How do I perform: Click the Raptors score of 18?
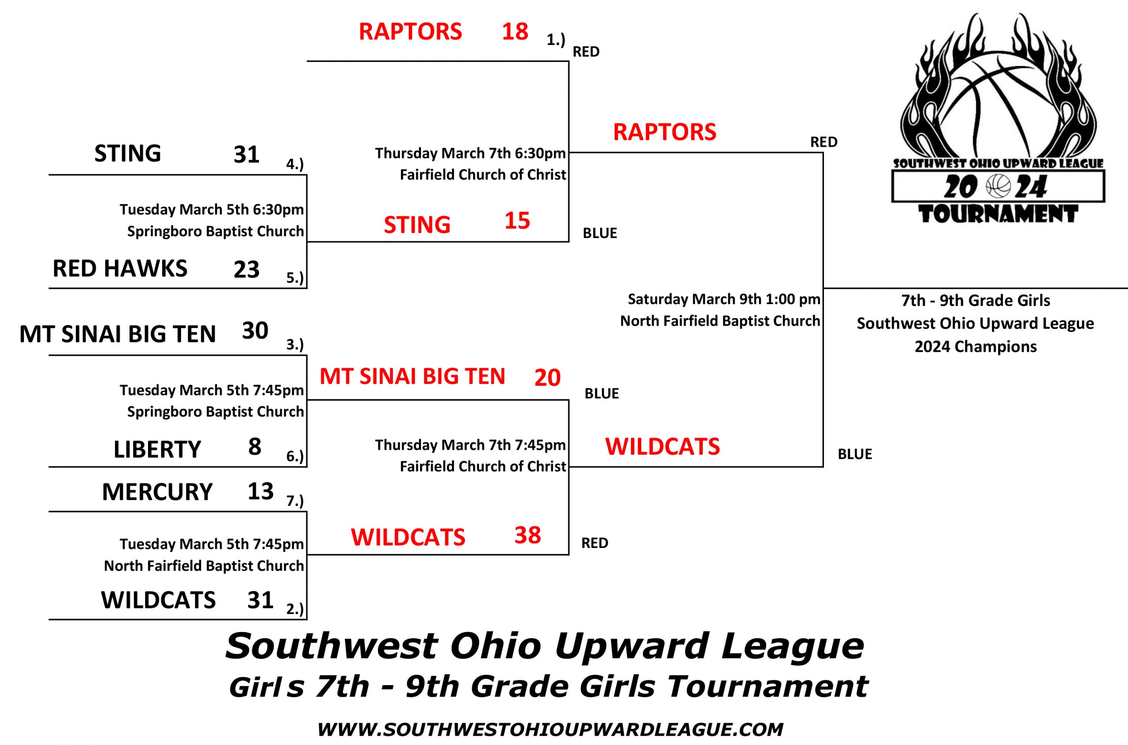pyautogui.click(x=515, y=31)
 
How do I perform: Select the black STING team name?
pyautogui.click(x=128, y=153)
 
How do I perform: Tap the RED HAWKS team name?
pyautogui.click(x=120, y=268)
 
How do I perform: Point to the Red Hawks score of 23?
pyautogui.click(x=246, y=269)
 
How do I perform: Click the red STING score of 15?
pyautogui.click(x=517, y=221)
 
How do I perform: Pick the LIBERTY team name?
pyautogui.click(x=157, y=450)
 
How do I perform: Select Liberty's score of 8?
pyautogui.click(x=255, y=447)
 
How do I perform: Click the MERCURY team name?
pyautogui.click(x=157, y=492)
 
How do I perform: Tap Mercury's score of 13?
pyautogui.click(x=261, y=491)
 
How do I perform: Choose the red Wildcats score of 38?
pyautogui.click(x=528, y=535)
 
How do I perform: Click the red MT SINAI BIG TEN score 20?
pyautogui.click(x=548, y=378)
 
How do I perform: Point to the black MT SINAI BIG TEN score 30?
pyautogui.click(x=255, y=331)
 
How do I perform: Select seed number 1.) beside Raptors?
pyautogui.click(x=556, y=40)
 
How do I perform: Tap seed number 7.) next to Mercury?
pyautogui.click(x=295, y=501)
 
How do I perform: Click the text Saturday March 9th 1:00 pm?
pyautogui.click(x=724, y=299)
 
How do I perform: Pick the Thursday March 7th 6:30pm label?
pyautogui.click(x=470, y=153)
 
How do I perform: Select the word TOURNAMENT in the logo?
pyautogui.click(x=998, y=214)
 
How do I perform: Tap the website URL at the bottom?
pyautogui.click(x=550, y=729)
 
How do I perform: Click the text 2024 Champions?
pyautogui.click(x=976, y=347)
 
